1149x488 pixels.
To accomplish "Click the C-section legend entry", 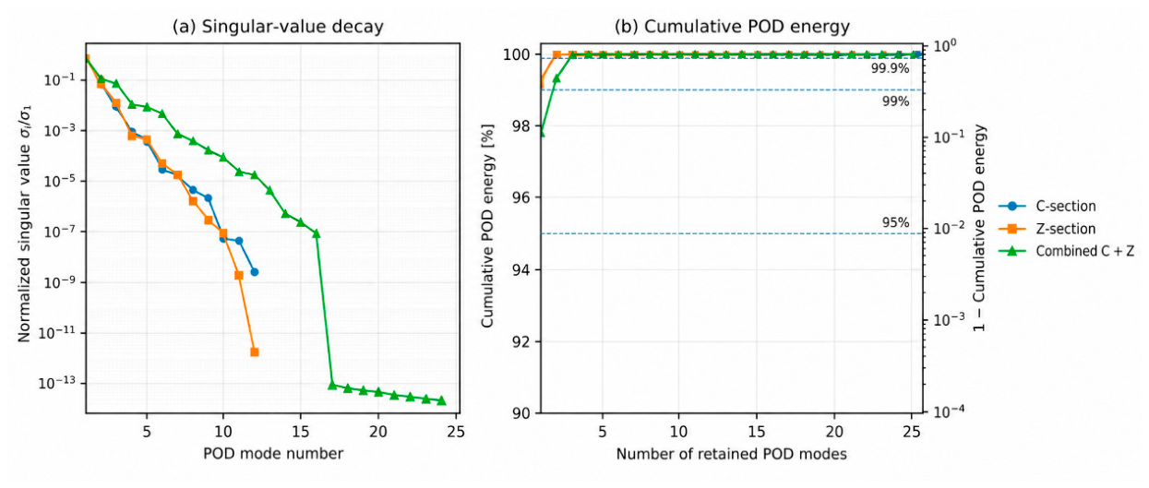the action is click(1047, 206).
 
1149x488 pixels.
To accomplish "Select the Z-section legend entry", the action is click(1047, 229).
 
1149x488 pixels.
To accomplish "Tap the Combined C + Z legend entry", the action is click(1067, 251).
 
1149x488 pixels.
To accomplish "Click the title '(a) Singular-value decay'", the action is click(278, 27).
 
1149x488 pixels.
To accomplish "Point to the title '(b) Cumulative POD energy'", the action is click(732, 27).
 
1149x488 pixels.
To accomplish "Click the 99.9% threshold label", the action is click(890, 68).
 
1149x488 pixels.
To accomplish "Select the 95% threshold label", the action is click(895, 222).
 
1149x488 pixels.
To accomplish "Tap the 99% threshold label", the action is click(895, 101).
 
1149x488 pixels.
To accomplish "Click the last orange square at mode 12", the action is click(255, 352).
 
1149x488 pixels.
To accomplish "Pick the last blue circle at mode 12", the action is click(255, 272).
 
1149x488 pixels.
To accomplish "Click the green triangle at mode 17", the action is click(332, 385).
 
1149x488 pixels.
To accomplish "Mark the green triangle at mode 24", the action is click(441, 400).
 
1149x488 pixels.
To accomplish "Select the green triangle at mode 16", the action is click(317, 233).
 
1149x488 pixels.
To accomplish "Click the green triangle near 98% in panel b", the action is click(542, 132).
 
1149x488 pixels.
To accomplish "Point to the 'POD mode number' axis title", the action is click(273, 454).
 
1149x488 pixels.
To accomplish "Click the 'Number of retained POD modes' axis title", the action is click(732, 454).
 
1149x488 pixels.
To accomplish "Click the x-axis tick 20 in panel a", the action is click(378, 432).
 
